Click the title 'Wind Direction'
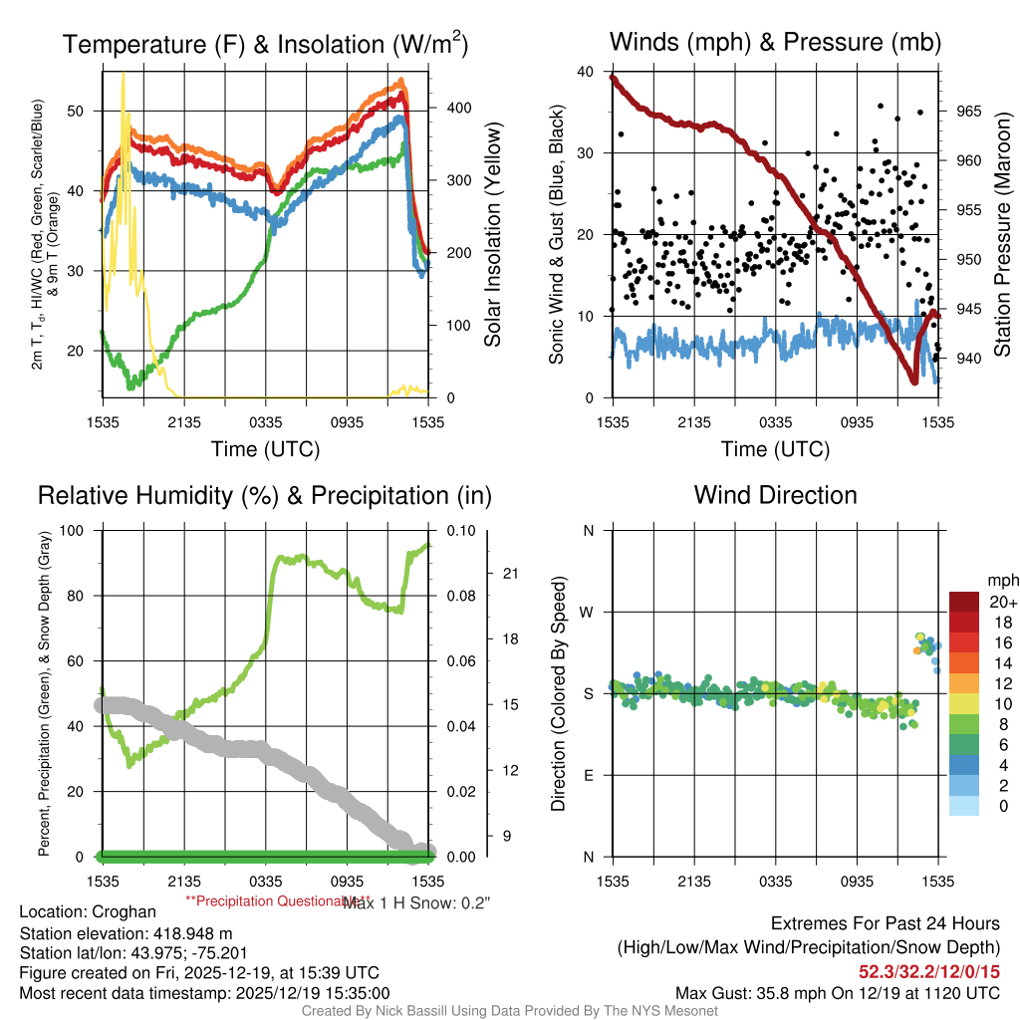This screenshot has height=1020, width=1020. point(775,495)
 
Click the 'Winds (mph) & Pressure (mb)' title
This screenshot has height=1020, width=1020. point(775,42)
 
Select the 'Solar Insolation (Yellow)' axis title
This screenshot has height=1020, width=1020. point(492,235)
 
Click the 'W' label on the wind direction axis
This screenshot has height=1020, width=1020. point(589,612)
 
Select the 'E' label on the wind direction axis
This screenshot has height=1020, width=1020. point(589,775)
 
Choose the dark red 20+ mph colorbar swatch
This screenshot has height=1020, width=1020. point(963,602)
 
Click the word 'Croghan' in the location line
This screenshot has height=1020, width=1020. point(125,911)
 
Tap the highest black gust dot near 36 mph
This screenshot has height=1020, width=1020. point(881,106)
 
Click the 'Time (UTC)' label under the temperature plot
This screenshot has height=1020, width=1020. point(265,449)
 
